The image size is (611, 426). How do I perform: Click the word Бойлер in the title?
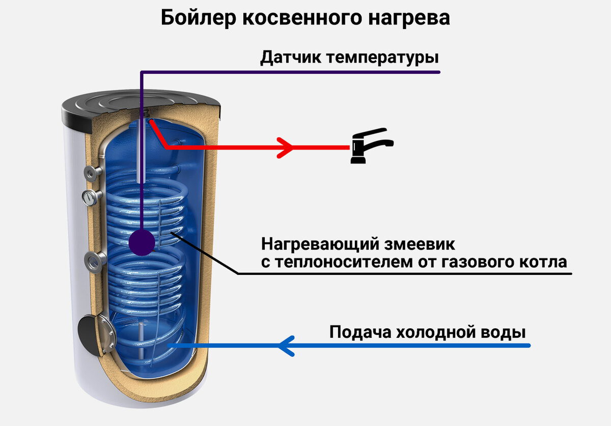click(x=198, y=18)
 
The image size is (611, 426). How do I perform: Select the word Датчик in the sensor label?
click(x=291, y=58)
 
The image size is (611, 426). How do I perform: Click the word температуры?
click(x=382, y=59)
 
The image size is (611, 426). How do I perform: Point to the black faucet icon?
click(x=372, y=146)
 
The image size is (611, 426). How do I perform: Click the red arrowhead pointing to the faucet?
click(x=285, y=148)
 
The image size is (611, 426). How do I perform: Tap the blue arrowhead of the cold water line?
click(x=286, y=346)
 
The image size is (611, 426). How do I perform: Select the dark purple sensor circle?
click(x=142, y=242)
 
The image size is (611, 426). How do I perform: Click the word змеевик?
click(x=420, y=244)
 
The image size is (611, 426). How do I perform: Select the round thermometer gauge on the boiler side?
click(x=90, y=197)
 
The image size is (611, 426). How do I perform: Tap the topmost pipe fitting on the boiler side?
click(x=92, y=173)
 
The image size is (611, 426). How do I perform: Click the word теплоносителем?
click(x=345, y=262)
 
